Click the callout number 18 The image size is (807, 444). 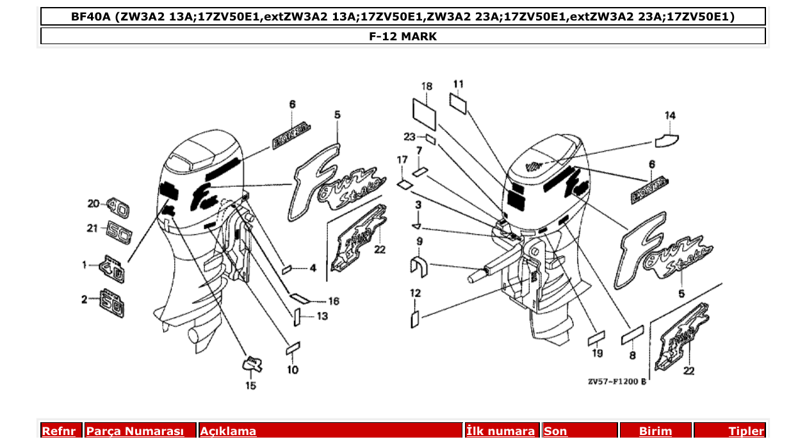coord(427,86)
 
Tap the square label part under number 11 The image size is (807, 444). coord(458,103)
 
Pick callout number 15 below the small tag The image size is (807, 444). coord(250,385)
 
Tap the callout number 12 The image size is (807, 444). coord(416,293)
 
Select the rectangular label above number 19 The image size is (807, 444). coord(596,338)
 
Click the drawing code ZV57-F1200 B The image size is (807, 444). coord(617,382)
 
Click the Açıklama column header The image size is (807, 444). coord(228,431)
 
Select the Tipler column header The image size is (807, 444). coord(746,431)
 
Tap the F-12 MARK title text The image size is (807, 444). coord(403,36)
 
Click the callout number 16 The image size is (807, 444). coord(333,301)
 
